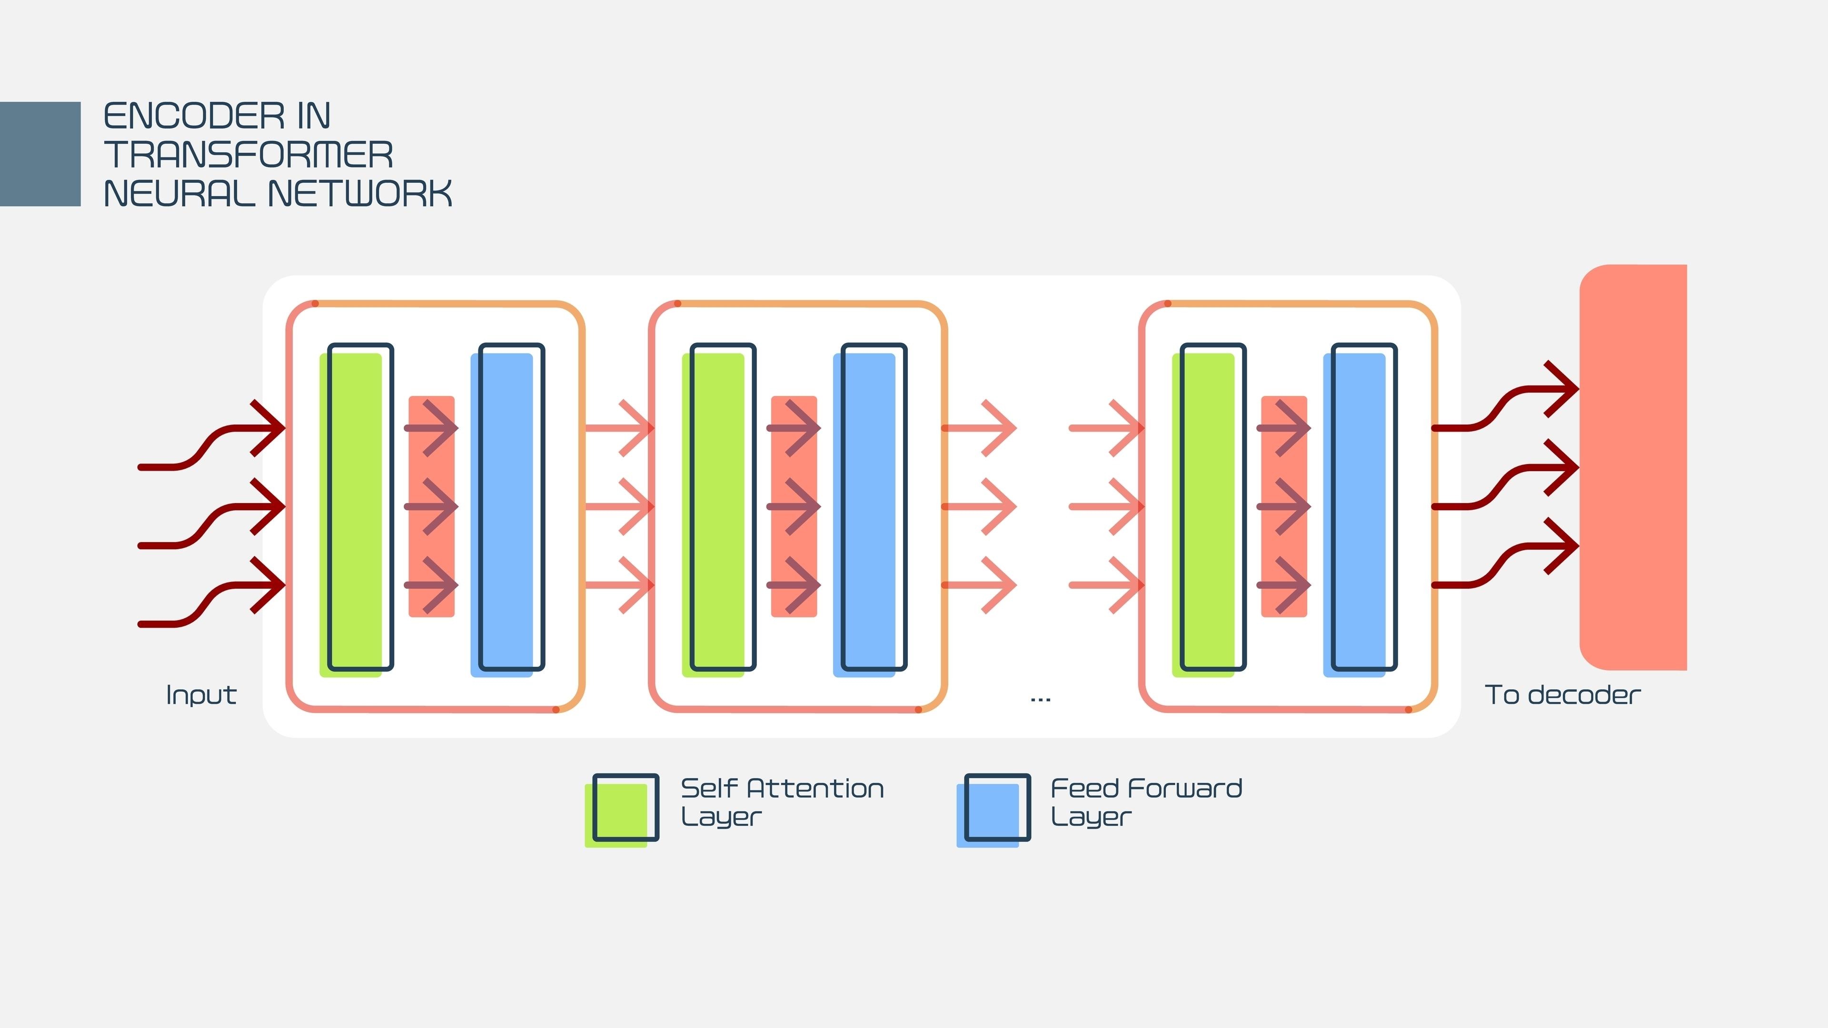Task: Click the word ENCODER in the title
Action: [x=193, y=116]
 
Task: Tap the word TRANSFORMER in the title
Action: [x=248, y=155]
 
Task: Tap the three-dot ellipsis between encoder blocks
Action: [x=1040, y=700]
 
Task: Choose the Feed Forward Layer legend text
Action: [x=1145, y=801]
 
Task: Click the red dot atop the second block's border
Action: [x=678, y=304]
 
